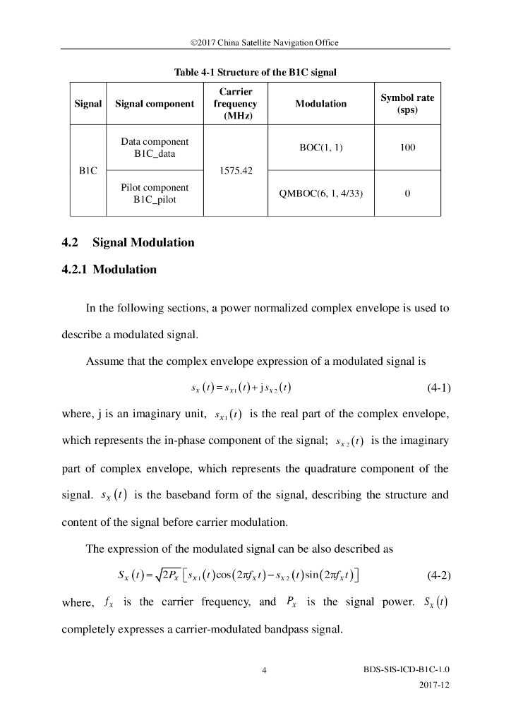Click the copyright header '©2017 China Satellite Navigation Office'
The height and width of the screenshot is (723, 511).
point(255,42)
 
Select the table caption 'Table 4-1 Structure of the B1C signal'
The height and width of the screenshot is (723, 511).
point(255,72)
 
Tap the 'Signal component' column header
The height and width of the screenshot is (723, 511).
point(155,104)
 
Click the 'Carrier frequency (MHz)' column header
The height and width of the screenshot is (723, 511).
point(236,104)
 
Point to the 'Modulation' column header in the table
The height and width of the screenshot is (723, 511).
point(320,104)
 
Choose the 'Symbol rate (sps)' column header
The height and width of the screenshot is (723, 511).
point(407,104)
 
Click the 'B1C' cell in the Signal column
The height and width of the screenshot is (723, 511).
point(88,170)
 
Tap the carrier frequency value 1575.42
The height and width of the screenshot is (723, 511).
point(236,170)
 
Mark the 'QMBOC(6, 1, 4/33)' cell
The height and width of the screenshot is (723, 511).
point(321,193)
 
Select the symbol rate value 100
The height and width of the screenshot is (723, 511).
point(407,148)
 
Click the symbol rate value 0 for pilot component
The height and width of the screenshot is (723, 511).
point(407,193)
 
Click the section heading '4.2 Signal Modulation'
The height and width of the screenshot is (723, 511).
point(128,242)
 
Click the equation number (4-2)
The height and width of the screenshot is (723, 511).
point(439,573)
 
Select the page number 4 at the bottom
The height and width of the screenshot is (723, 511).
point(263,671)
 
